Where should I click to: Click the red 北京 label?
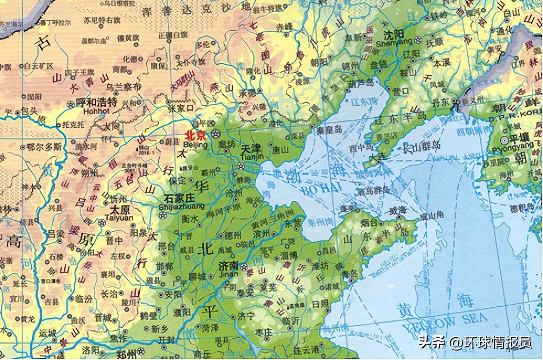[195, 136]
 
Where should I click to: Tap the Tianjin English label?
[252, 157]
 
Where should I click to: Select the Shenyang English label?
[394, 42]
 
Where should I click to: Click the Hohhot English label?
[97, 111]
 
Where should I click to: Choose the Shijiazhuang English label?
[182, 206]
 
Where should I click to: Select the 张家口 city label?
[180, 107]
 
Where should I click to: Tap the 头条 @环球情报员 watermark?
[475, 342]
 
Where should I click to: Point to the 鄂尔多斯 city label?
[44, 147]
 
